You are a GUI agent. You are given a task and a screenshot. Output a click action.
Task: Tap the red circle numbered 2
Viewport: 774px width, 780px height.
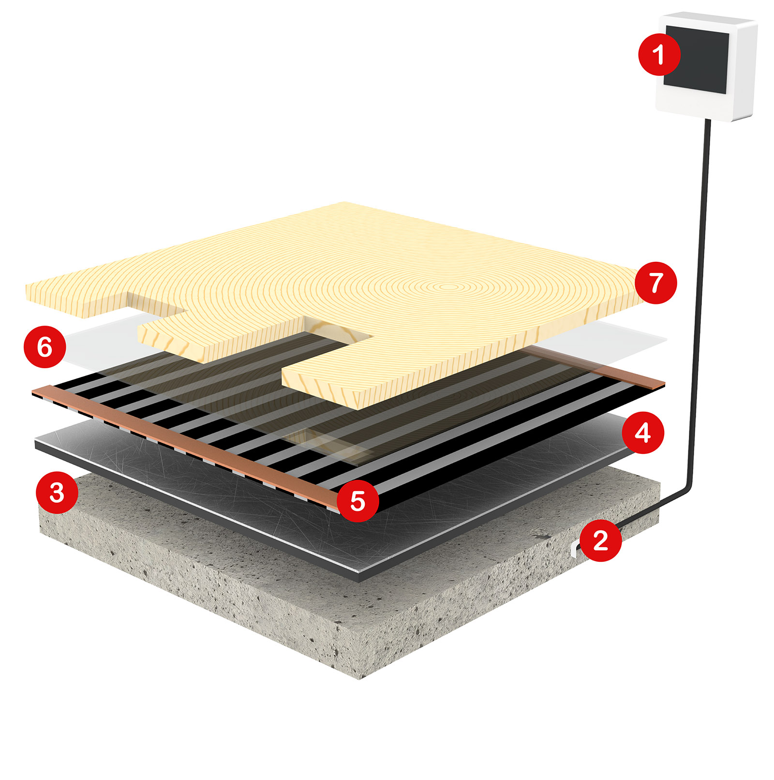pos(600,540)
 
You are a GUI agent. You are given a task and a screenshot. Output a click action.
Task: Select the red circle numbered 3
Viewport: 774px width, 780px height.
pos(57,493)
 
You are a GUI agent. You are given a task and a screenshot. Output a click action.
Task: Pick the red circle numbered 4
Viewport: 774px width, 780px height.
pos(642,433)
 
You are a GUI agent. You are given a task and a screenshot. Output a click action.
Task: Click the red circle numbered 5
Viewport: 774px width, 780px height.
pos(357,501)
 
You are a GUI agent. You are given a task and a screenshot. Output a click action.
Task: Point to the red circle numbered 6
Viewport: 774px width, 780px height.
pos(45,347)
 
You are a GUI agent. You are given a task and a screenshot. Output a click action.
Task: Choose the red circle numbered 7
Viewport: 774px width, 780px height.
pos(655,283)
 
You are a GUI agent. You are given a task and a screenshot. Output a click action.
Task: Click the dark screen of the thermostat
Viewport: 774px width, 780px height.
pos(699,60)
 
